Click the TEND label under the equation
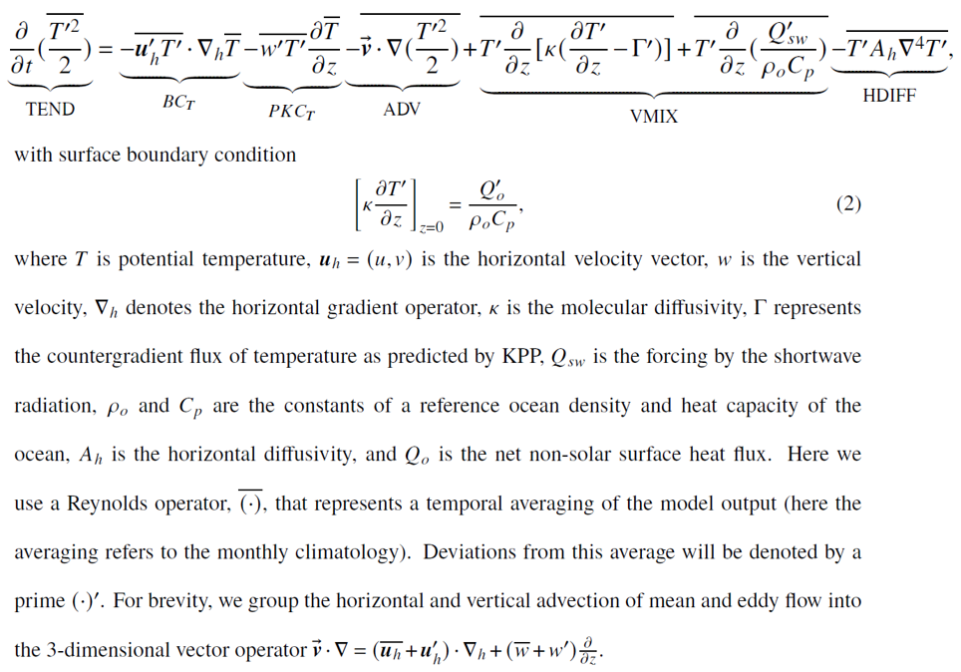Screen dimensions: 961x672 (50, 109)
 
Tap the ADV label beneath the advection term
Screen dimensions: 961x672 (402, 109)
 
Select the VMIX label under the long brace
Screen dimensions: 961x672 (654, 117)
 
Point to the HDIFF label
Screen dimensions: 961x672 (889, 96)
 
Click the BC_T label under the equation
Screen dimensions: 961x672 (178, 103)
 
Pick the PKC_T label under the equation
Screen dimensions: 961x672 (291, 112)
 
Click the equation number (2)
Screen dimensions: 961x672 (848, 203)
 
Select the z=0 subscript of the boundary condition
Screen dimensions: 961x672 (432, 228)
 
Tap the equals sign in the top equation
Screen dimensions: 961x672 (105, 50)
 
